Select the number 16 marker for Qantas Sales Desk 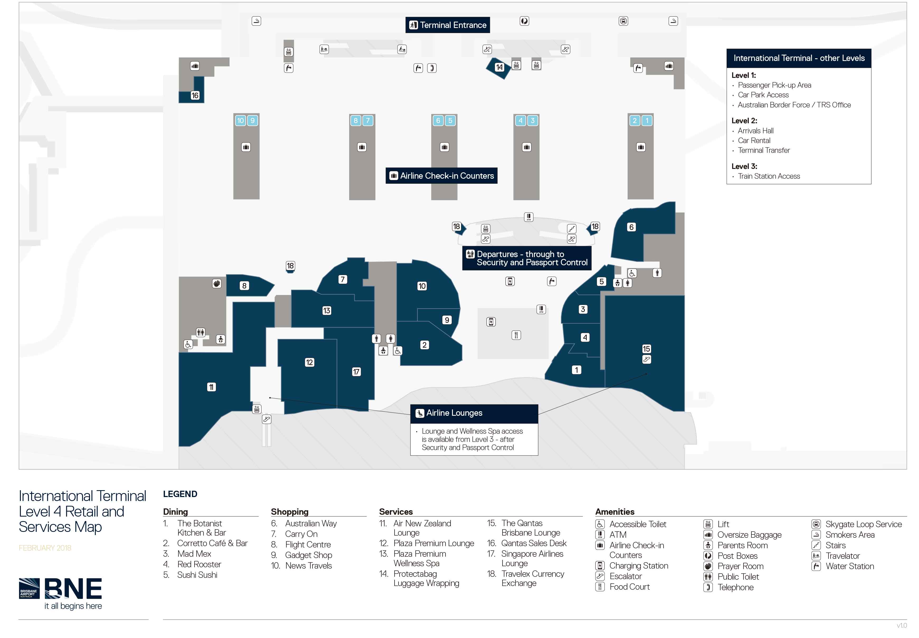[195, 96]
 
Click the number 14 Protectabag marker [499, 67]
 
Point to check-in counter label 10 [240, 120]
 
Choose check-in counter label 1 [647, 120]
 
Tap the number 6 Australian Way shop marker [631, 227]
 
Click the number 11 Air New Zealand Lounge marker [211, 387]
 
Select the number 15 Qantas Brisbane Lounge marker [646, 349]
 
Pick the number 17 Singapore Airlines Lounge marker [356, 372]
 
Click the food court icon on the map [516, 335]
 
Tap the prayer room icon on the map [217, 283]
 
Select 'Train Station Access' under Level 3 [769, 176]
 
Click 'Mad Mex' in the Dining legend [194, 554]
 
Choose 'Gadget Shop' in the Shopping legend [309, 555]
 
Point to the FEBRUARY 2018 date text [45, 548]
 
